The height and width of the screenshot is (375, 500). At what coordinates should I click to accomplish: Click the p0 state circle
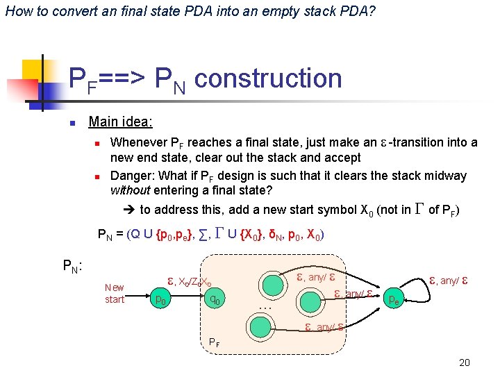click(160, 299)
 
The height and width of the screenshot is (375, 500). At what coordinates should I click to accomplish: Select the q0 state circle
click(216, 299)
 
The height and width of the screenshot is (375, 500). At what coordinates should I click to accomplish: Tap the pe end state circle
click(393, 300)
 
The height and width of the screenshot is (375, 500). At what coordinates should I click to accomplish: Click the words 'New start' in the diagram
click(115, 294)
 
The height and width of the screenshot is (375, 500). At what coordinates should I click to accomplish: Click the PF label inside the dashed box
click(215, 342)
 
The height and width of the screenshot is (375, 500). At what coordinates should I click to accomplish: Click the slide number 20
click(465, 362)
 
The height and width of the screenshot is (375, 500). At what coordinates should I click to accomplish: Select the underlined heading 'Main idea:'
click(121, 122)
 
